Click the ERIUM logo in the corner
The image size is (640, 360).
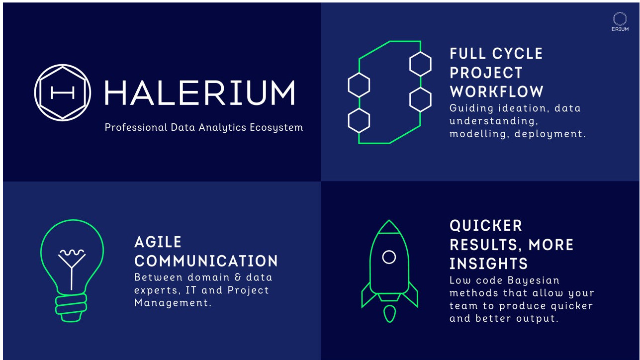click(x=620, y=21)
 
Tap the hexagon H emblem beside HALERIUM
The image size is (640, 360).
click(x=63, y=92)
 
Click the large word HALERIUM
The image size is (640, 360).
click(x=199, y=93)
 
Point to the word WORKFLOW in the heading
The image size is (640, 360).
click(x=496, y=91)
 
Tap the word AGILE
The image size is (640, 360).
click(x=158, y=242)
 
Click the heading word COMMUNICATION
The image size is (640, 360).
click(x=206, y=261)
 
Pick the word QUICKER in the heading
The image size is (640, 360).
click(x=486, y=226)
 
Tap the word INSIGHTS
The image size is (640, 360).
click(x=488, y=264)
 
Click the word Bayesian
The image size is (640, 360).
click(x=533, y=280)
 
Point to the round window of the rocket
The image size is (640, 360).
click(x=389, y=257)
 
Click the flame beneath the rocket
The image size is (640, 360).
click(x=389, y=313)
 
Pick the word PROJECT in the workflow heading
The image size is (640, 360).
click(x=486, y=73)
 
